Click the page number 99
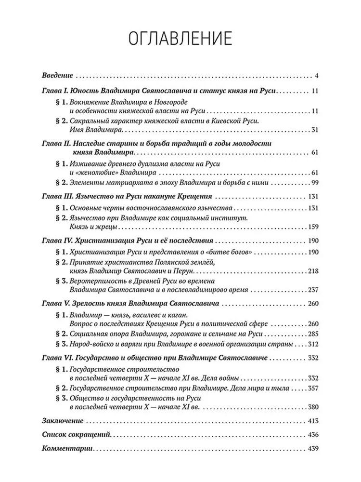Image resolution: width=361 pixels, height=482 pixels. [316, 182]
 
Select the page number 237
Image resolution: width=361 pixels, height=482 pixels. [314, 290]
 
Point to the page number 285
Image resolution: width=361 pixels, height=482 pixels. [314, 334]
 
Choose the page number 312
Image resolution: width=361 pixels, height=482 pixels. [314, 345]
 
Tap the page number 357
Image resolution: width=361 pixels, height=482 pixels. [314, 388]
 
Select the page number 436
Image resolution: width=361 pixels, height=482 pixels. [314, 435]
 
